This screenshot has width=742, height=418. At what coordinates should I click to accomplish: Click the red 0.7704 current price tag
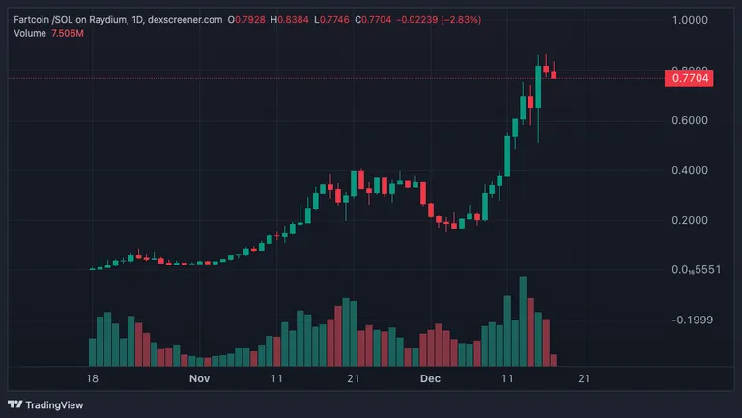pos(689,78)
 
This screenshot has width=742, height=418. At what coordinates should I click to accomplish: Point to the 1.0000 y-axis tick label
pos(690,20)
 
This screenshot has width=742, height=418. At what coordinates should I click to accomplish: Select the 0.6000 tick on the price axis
pos(690,120)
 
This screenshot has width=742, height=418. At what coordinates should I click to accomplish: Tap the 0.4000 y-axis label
pos(690,170)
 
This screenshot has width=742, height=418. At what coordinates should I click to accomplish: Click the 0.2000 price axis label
pos(690,220)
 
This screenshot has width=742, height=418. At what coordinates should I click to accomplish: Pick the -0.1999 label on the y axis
pos(693,320)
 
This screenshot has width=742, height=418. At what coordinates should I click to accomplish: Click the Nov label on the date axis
pos(199,378)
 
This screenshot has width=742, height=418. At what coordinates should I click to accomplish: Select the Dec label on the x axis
pos(430,378)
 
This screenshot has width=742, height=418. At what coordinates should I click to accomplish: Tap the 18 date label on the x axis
pos(93,378)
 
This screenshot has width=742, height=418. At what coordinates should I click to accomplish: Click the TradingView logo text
pos(54,405)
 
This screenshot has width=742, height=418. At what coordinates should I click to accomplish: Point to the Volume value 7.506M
pos(68,33)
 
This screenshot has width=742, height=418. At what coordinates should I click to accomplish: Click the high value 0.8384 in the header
pos(293,20)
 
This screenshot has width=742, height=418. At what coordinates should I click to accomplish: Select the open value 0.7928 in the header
pos(250,20)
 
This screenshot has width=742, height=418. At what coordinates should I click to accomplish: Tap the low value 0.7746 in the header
pos(334,20)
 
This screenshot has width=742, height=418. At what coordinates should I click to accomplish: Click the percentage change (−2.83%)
pos(461,20)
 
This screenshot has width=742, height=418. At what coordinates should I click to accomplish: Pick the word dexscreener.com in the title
pos(185,20)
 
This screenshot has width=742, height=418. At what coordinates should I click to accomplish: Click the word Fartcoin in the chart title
pos(31,20)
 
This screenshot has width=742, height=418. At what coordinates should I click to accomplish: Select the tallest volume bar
pos(523,321)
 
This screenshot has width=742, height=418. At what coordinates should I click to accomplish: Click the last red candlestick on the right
pos(554,75)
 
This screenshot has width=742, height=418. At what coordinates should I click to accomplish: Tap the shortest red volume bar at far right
pos(554,360)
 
